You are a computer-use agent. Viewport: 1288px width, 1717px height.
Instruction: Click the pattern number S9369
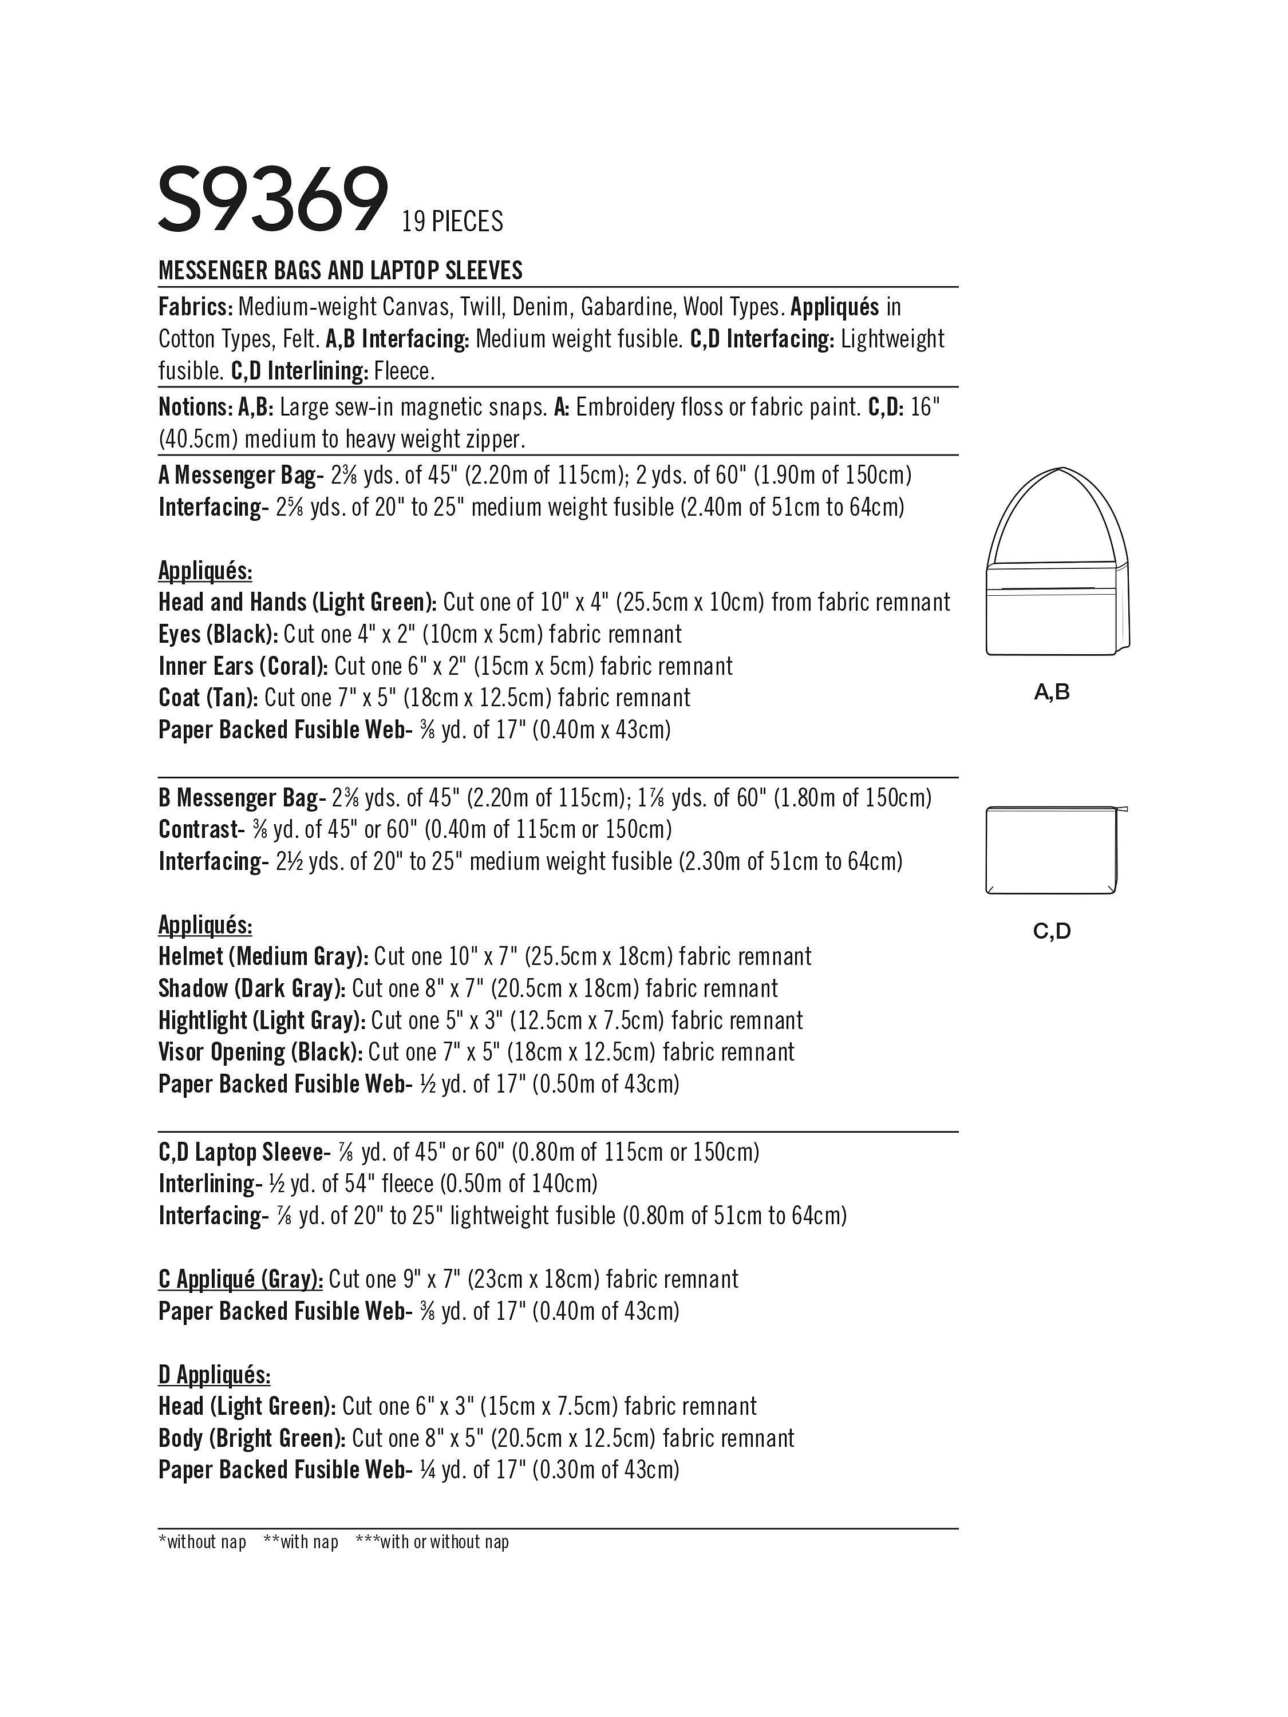click(272, 200)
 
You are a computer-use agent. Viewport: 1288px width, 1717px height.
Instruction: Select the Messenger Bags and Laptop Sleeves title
click(340, 271)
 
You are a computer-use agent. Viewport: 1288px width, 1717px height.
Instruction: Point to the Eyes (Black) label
click(218, 635)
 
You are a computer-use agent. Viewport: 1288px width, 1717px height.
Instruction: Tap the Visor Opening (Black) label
click(259, 1053)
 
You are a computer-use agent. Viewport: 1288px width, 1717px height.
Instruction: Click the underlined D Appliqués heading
click(214, 1375)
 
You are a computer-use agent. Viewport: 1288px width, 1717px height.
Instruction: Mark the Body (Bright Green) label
click(251, 1438)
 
